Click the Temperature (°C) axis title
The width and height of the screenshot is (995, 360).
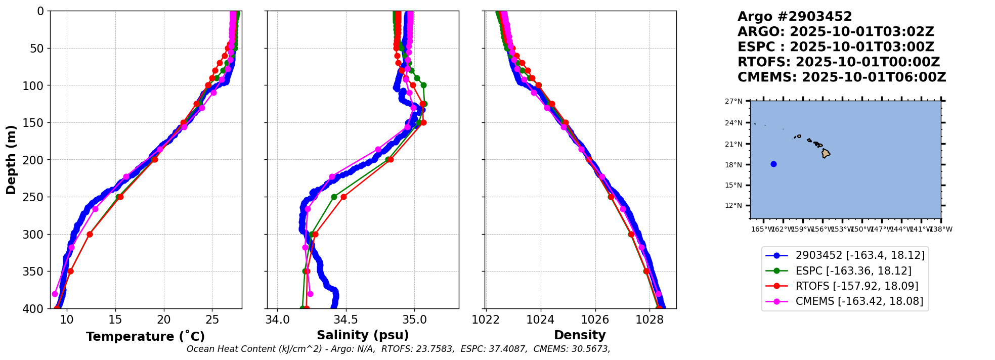[x=145, y=337]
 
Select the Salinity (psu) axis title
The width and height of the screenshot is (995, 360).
[x=363, y=335]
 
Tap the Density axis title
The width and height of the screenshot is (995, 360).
[x=580, y=335]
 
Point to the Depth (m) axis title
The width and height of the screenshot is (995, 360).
[x=11, y=160]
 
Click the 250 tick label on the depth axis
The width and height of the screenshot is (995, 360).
[x=34, y=197]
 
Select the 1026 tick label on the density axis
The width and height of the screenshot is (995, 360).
[x=595, y=320]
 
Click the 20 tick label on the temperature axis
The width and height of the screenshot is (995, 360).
[x=163, y=320]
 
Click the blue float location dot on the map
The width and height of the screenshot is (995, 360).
[x=773, y=164]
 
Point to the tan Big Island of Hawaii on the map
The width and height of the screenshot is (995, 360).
[x=826, y=153]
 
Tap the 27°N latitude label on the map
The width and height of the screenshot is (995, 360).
[x=733, y=102]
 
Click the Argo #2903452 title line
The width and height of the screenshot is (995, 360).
[x=795, y=17]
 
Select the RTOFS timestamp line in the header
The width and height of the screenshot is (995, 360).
[x=838, y=62]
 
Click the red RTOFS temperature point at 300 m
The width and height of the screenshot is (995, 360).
[x=90, y=234]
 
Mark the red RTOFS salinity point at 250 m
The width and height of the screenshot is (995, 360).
[x=343, y=197]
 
